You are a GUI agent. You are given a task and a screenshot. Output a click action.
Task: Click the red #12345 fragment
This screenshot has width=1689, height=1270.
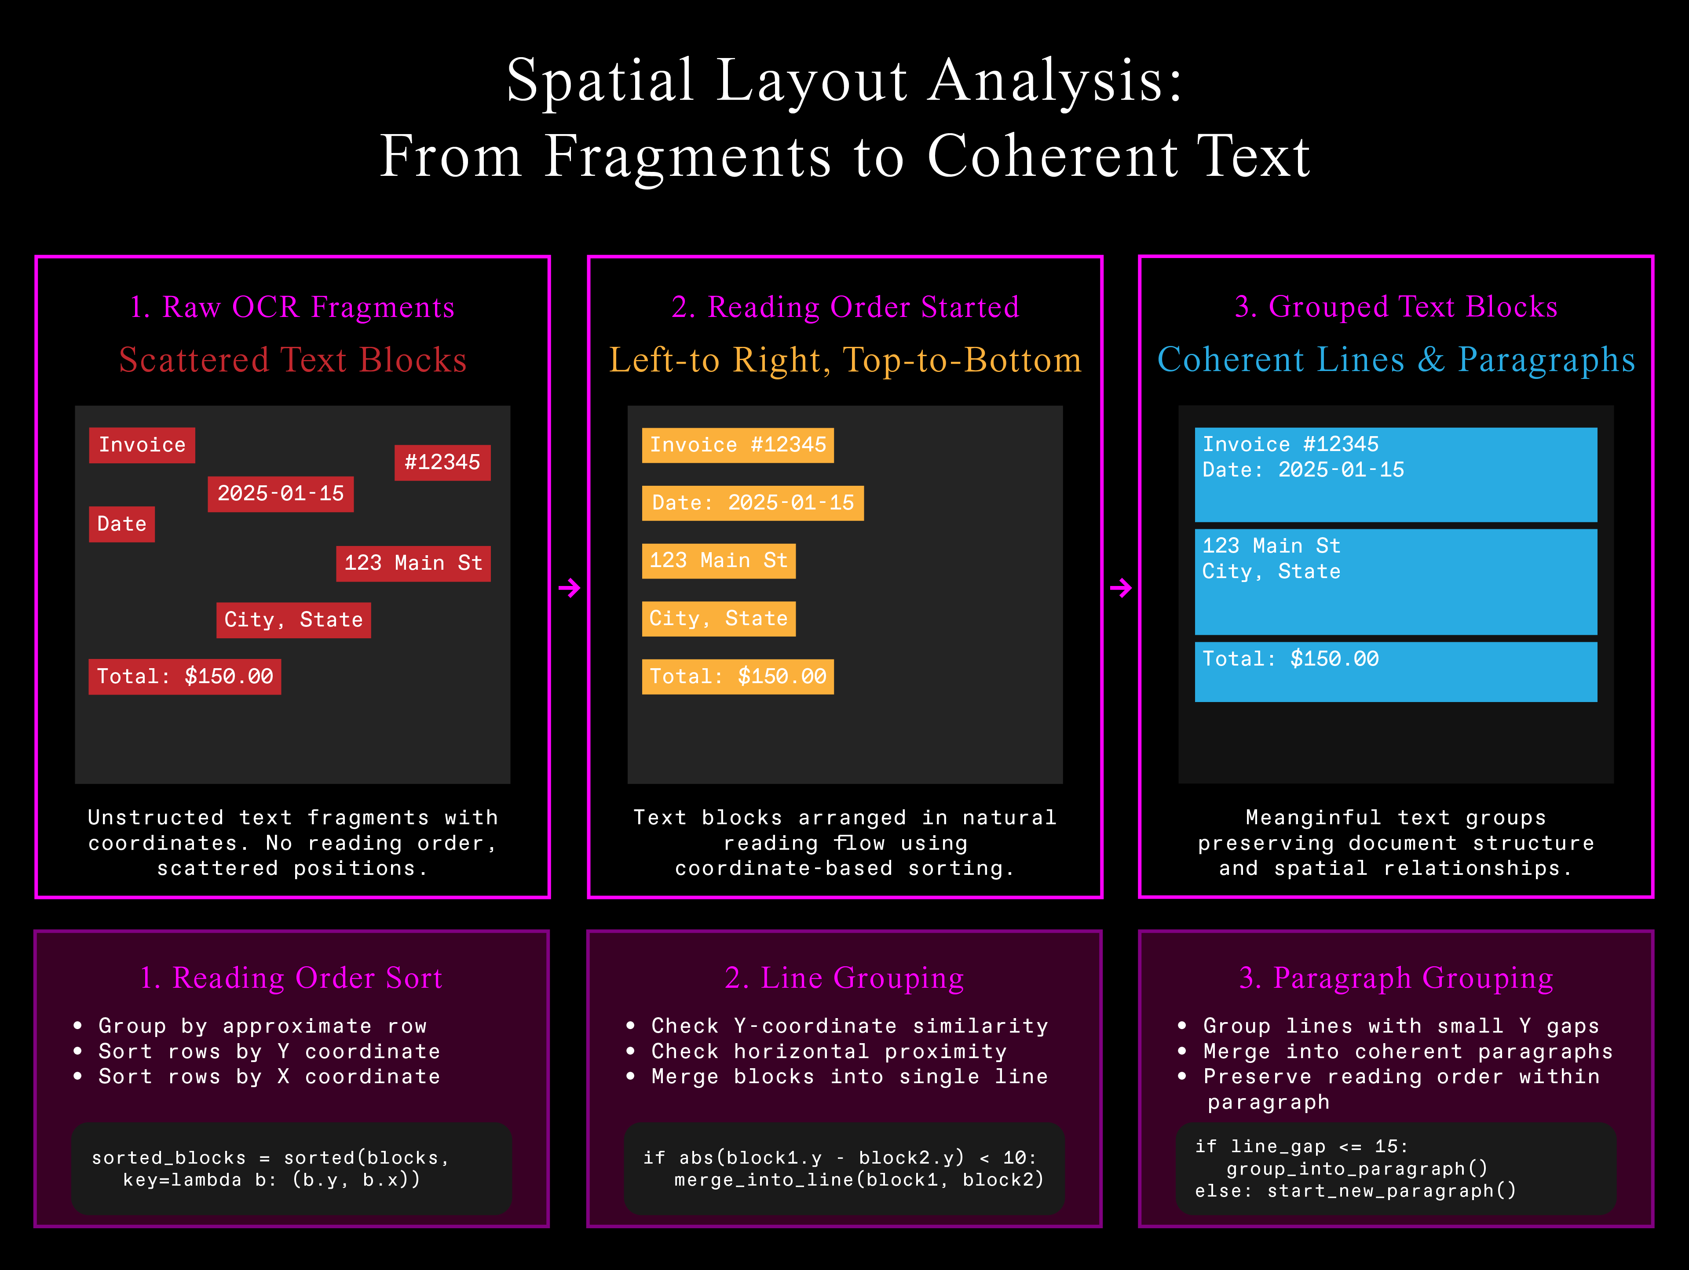pyautogui.click(x=442, y=462)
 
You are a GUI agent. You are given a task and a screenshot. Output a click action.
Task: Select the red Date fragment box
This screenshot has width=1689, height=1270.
pyautogui.click(x=121, y=524)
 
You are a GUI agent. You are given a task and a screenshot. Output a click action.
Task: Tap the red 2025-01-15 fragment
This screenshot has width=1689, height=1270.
pyautogui.click(x=280, y=494)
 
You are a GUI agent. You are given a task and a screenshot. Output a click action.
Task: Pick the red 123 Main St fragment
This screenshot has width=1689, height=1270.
pyautogui.click(x=413, y=563)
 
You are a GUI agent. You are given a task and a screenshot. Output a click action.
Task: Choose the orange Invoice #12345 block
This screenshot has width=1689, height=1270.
pyautogui.click(x=738, y=445)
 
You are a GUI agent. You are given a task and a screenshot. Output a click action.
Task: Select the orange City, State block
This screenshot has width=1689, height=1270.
pyautogui.click(x=719, y=618)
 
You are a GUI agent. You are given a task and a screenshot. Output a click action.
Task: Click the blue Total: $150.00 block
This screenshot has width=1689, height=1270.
pyautogui.click(x=1395, y=672)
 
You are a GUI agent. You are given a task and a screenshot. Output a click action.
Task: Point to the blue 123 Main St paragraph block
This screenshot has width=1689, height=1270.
pyautogui.click(x=1395, y=582)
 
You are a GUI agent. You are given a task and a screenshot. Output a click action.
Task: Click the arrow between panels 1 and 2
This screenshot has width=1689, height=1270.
pyautogui.click(x=569, y=588)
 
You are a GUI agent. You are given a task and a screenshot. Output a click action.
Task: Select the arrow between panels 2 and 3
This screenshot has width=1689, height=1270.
pyautogui.click(x=1120, y=588)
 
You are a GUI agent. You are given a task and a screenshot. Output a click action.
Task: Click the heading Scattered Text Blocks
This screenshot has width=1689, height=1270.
pyautogui.click(x=292, y=360)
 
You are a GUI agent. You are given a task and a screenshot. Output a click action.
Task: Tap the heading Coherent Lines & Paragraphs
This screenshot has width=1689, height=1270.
pyautogui.click(x=1396, y=360)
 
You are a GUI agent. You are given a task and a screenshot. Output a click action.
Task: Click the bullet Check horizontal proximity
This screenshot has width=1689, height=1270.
pyautogui.click(x=829, y=1051)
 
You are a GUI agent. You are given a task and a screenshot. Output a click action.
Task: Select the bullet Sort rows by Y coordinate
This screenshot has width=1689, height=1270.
pyautogui.click(x=269, y=1051)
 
